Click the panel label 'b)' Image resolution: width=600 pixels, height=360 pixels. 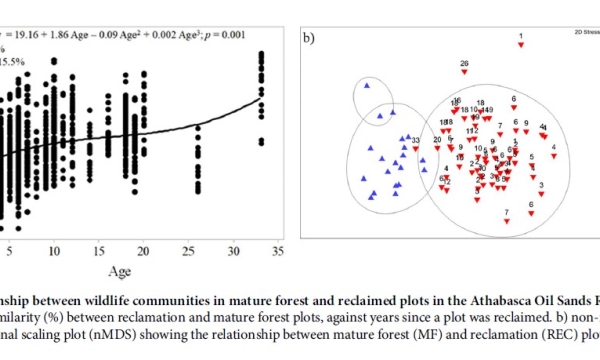[x=311, y=40]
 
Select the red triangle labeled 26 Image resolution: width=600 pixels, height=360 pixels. [x=465, y=73]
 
